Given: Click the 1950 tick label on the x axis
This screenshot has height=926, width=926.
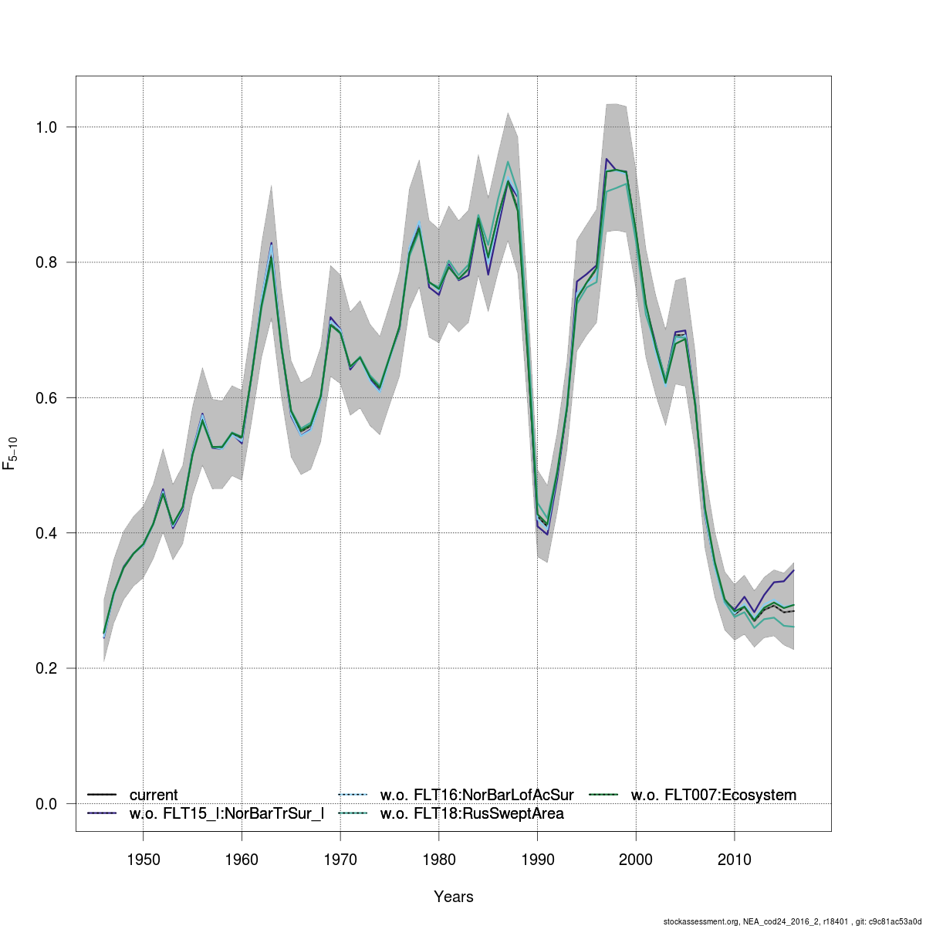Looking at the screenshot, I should [143, 860].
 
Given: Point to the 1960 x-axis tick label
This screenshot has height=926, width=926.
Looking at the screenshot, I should [242, 860].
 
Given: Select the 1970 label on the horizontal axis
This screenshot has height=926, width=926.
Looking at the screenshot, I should [340, 860].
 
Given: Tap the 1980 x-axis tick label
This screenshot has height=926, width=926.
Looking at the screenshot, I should [438, 860].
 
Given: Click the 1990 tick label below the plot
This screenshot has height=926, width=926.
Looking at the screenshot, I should [537, 860].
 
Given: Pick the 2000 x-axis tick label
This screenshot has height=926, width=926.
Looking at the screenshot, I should [636, 860].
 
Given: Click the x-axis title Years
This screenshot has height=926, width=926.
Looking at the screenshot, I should [454, 897].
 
